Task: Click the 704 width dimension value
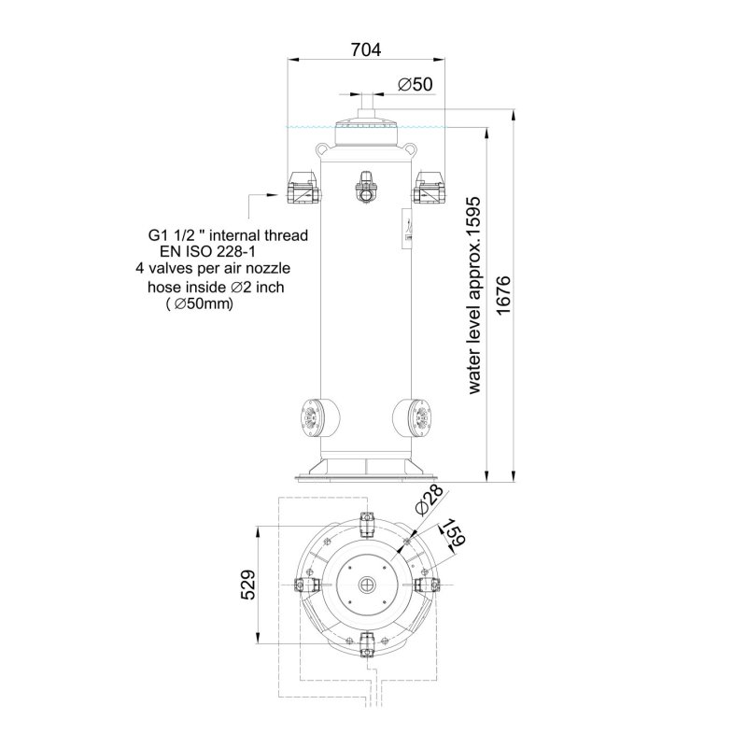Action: [x=366, y=49]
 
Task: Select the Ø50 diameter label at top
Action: [x=415, y=84]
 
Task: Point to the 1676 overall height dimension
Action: [x=503, y=295]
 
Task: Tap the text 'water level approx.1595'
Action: [x=475, y=295]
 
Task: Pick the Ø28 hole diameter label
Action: [x=430, y=500]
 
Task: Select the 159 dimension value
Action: [x=454, y=532]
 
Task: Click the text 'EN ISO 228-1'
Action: [x=207, y=251]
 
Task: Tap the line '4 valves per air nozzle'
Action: [x=213, y=268]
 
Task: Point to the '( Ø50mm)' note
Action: [x=199, y=303]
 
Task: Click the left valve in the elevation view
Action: [x=303, y=188]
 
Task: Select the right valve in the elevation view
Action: [x=429, y=188]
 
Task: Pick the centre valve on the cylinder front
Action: [x=366, y=188]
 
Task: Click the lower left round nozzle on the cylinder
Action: [x=319, y=417]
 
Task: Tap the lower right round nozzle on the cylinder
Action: [x=412, y=417]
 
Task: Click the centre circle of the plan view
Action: [x=367, y=585]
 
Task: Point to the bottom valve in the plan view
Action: [x=367, y=646]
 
